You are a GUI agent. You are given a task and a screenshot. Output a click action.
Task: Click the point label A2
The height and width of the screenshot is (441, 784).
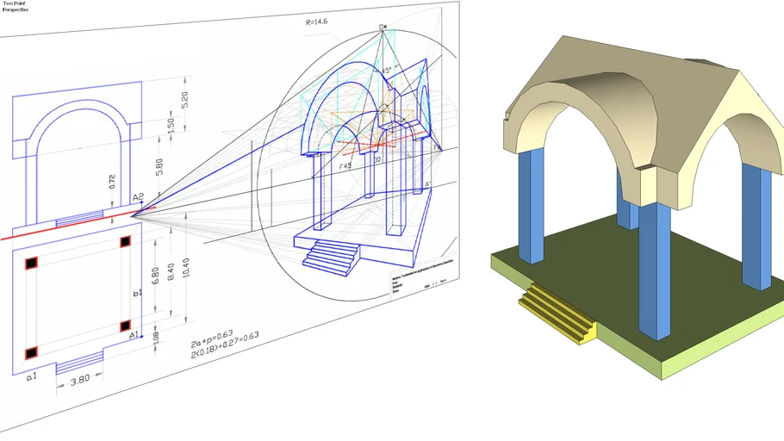click(x=138, y=196)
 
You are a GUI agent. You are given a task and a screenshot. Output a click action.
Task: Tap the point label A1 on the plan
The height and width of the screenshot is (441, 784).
click(x=134, y=335)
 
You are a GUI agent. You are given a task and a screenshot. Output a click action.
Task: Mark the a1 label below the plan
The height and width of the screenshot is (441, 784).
click(x=31, y=376)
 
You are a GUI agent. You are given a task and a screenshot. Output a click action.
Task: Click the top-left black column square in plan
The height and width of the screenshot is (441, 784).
click(x=31, y=262)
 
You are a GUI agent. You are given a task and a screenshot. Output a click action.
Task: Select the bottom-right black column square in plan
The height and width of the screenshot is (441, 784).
click(x=125, y=326)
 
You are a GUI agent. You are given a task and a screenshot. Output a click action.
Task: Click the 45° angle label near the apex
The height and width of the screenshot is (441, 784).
click(x=387, y=69)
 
